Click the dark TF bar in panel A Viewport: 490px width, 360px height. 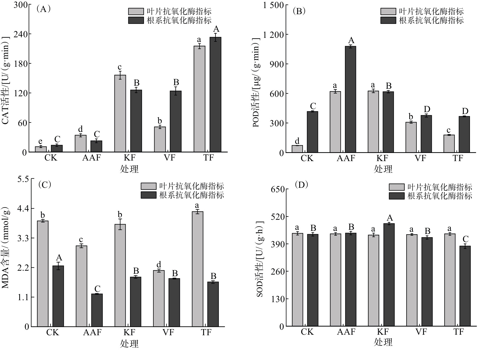point(215,95)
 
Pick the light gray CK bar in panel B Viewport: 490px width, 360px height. point(297,149)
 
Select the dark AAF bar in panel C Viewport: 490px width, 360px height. point(97,310)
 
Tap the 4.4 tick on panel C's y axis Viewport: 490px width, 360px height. point(23,208)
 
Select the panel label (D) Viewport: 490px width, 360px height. point(301,185)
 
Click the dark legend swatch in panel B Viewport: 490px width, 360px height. point(388,20)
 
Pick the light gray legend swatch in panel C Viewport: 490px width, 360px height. point(148,186)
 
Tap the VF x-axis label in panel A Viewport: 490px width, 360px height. point(169,158)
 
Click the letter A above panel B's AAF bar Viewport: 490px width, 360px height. point(351,40)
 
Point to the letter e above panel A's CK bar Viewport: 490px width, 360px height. point(40,142)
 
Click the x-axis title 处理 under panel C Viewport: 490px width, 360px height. point(129,343)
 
